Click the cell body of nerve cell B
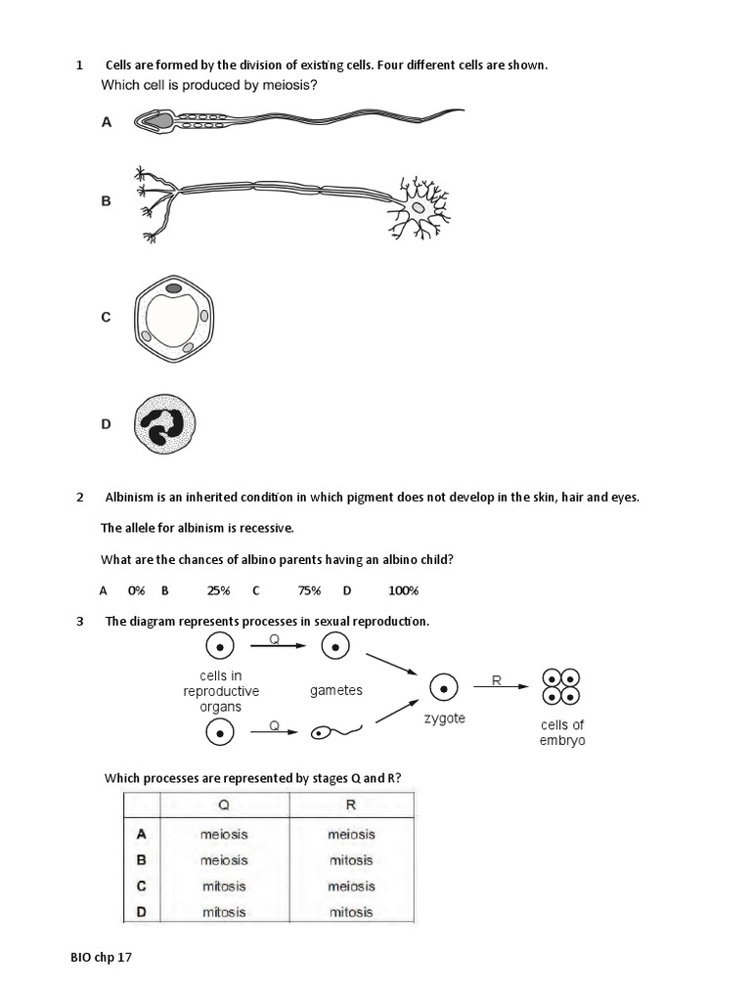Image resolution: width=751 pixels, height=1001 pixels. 419,207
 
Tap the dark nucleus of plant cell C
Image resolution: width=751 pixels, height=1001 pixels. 172,288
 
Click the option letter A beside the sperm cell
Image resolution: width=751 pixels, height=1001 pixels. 107,122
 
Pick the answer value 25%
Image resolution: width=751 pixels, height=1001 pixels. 218,590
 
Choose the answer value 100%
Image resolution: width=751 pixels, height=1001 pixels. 403,590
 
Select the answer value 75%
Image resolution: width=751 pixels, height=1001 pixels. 309,590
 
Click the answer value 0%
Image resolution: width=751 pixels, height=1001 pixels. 136,590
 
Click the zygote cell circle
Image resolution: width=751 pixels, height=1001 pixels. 444,688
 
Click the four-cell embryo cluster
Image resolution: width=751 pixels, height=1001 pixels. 562,687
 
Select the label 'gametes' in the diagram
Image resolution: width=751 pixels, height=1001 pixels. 336,690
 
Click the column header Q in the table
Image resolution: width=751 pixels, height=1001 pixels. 224,805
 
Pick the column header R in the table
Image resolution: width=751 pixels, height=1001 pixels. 351,805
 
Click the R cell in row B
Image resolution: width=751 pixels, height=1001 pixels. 351,860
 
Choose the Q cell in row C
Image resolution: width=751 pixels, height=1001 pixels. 224,887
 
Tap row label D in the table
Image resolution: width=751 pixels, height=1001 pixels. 141,912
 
